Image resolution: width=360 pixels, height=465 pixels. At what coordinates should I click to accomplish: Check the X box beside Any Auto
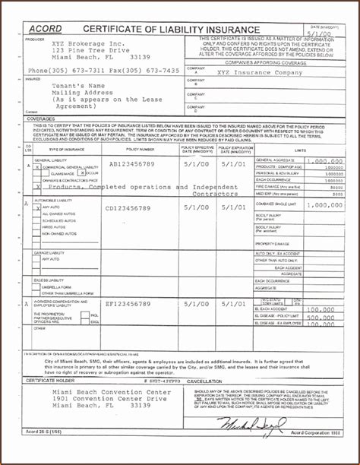(36, 207)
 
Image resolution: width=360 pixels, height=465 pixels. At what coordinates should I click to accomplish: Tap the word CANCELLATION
(204, 380)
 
